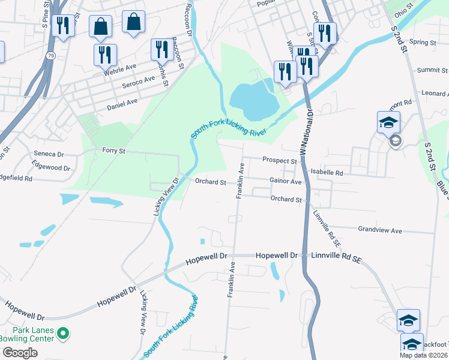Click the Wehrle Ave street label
[x=120, y=68]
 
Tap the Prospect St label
[x=280, y=161]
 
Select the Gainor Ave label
[x=285, y=181]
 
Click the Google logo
[x=20, y=353]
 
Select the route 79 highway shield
[x=50, y=56]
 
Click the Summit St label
[x=429, y=70]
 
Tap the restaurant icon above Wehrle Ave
[x=105, y=55]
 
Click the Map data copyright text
[x=423, y=355]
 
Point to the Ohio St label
[x=411, y=11]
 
